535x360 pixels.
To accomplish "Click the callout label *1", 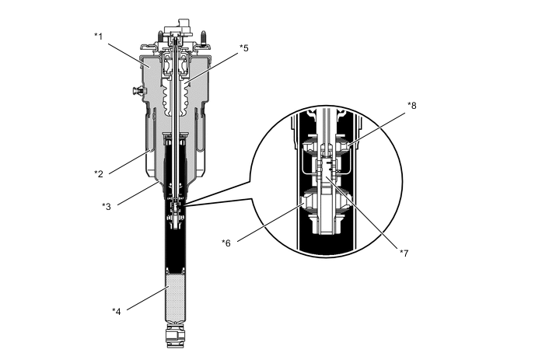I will pos(100,37).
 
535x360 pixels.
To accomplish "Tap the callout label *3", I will pos(107,206).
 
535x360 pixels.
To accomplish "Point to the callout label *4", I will pos(117,311).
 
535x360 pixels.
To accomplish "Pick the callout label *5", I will pos(245,47).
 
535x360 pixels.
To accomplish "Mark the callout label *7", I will pos(404,253).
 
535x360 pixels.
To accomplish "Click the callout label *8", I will pos(412,104).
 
